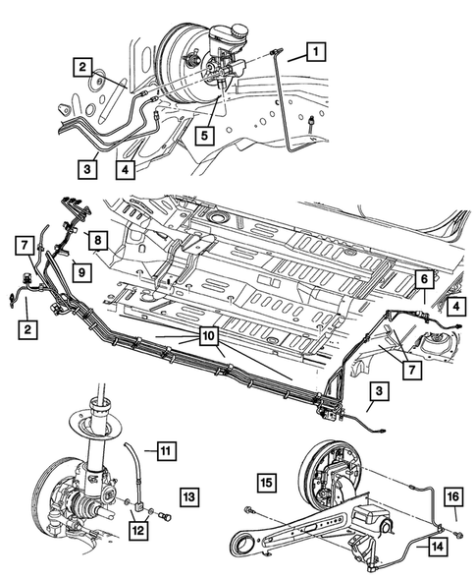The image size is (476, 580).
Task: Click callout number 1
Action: tap(315, 52)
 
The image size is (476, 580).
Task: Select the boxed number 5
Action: tap(204, 135)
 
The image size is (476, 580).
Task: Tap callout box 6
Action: tap(424, 279)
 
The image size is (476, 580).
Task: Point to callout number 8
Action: tap(97, 240)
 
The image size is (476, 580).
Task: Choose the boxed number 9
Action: tap(81, 272)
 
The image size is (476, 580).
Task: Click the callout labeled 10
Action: tap(208, 336)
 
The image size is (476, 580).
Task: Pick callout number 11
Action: tap(166, 450)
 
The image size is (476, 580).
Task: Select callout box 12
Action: tap(138, 531)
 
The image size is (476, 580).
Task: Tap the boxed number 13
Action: tap(189, 496)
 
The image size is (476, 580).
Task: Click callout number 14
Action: tap(437, 546)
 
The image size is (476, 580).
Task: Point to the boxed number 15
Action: tap(266, 483)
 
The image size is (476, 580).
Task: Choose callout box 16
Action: tap(453, 496)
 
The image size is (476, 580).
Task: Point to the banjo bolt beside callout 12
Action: tap(164, 515)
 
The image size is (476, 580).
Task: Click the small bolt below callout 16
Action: tap(458, 534)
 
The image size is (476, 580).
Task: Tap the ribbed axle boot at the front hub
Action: tap(85, 506)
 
